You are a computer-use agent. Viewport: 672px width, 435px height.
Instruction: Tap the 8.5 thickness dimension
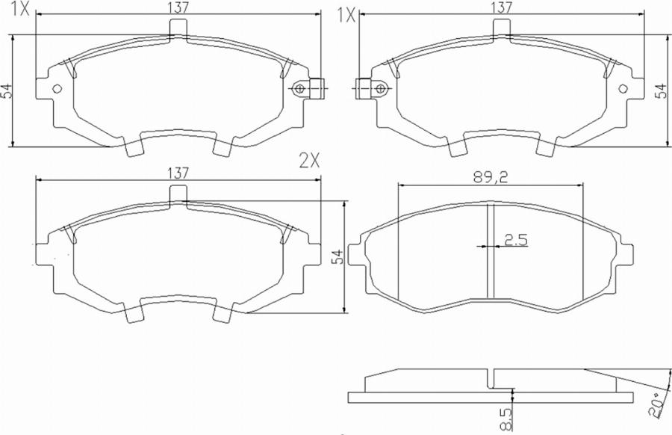tap(508, 416)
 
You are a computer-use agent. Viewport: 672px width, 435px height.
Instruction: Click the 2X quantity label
tap(309, 159)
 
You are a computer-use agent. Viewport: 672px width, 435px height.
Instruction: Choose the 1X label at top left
tap(21, 10)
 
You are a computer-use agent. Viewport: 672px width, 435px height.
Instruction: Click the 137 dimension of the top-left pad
tap(178, 7)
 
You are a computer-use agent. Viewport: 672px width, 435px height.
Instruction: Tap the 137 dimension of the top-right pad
tap(501, 7)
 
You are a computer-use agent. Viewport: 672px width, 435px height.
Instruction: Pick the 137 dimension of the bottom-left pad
tap(178, 172)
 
